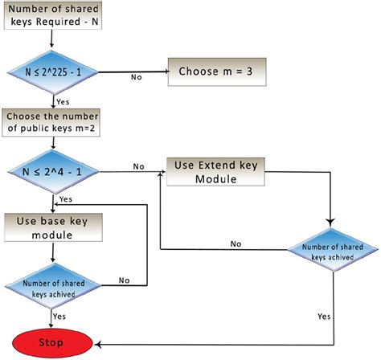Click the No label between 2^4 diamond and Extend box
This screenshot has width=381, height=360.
tap(138, 167)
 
